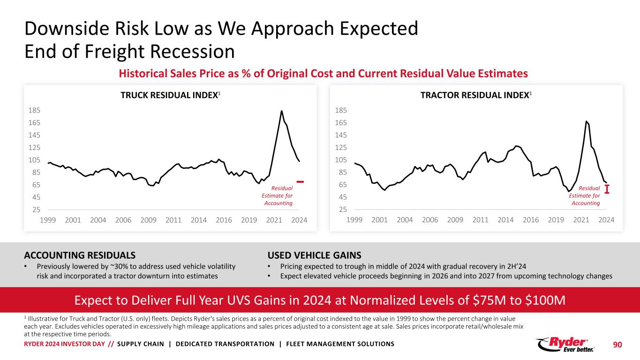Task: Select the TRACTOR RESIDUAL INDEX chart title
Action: tap(475, 95)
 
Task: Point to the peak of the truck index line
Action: tap(281, 111)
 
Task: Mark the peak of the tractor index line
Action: tap(586, 121)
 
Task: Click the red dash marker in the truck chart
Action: tap(300, 181)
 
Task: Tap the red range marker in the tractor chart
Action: tap(607, 189)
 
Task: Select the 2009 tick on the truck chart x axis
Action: tap(148, 220)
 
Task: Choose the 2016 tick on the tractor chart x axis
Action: tap(531, 220)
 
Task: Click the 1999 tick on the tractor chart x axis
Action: tap(354, 220)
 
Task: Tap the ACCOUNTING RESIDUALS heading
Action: tap(80, 255)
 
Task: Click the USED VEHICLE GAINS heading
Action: tap(314, 255)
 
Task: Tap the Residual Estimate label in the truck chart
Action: tap(277, 195)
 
